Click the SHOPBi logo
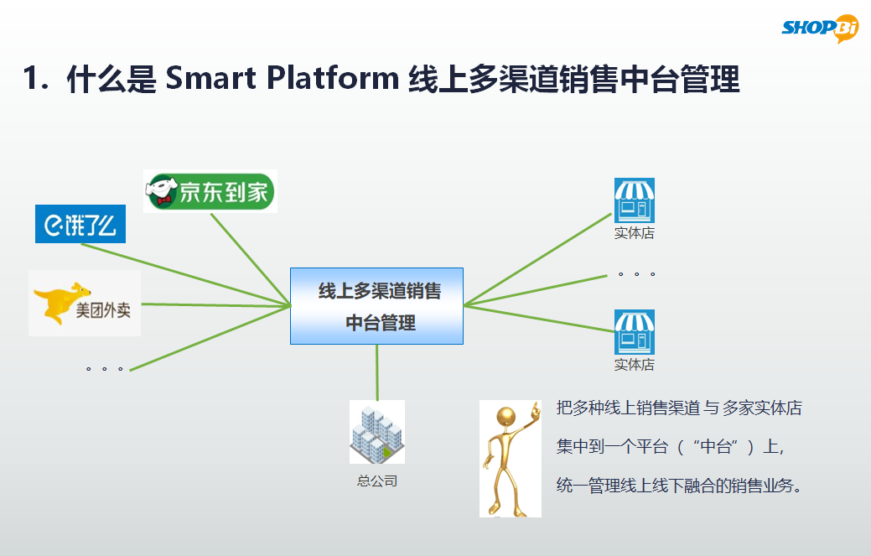tap(821, 28)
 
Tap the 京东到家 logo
tap(210, 192)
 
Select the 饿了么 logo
tap(80, 224)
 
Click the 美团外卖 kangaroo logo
tap(84, 304)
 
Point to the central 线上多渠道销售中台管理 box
tap(376, 306)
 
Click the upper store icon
tap(634, 200)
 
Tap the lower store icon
tap(634, 332)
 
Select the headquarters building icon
tap(376, 432)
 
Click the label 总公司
tap(376, 481)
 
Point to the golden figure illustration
tap(510, 458)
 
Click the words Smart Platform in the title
tap(282, 79)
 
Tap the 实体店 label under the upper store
tap(634, 234)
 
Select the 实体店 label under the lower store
tap(634, 365)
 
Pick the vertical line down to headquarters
tap(377, 372)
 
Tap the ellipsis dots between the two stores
tap(635, 274)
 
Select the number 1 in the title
tap(31, 80)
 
